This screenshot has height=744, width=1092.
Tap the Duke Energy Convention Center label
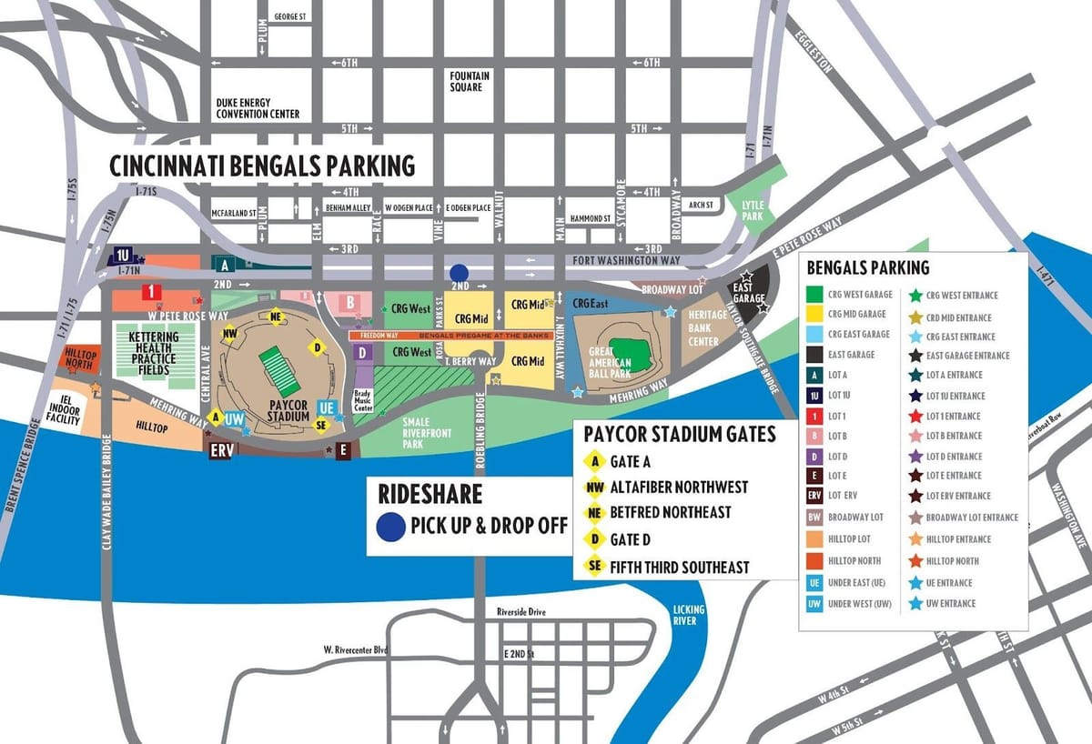(258, 108)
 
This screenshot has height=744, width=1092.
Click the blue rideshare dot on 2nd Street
(460, 273)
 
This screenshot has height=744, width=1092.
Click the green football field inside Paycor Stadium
(274, 370)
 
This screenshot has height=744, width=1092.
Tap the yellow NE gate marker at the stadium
(276, 317)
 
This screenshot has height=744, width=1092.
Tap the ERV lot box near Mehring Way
(221, 449)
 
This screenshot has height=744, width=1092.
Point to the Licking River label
(684, 615)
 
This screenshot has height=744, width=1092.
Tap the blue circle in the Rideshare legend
(389, 526)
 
